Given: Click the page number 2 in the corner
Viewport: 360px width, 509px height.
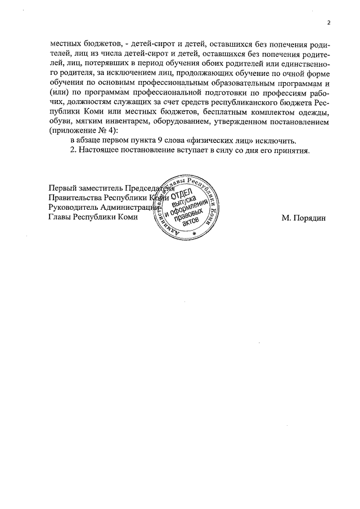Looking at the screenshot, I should (328, 22).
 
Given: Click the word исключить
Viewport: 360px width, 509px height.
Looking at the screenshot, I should (272, 141).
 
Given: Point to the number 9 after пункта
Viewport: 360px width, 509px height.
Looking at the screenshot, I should (160, 141).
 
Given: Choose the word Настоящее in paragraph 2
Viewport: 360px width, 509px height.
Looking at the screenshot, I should (103, 151).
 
